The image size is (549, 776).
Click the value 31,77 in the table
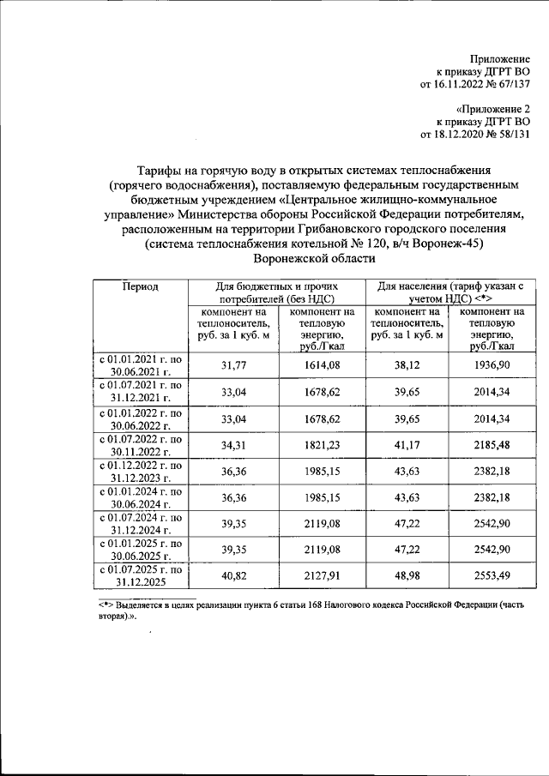(x=235, y=367)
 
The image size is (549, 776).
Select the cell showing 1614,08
(x=323, y=367)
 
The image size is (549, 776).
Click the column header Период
(x=140, y=286)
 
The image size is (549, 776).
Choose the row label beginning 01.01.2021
(x=140, y=367)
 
